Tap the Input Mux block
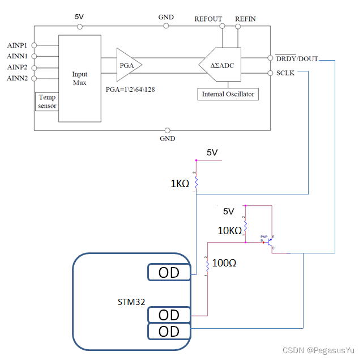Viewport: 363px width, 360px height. coord(79,78)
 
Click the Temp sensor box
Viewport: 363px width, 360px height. coord(47,101)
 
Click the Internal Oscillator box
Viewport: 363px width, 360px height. coord(228,94)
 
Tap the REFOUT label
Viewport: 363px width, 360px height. coord(208,19)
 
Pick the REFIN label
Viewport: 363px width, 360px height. coord(245,19)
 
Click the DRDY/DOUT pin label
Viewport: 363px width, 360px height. coord(297,58)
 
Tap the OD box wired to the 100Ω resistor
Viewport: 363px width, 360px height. coord(169,315)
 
